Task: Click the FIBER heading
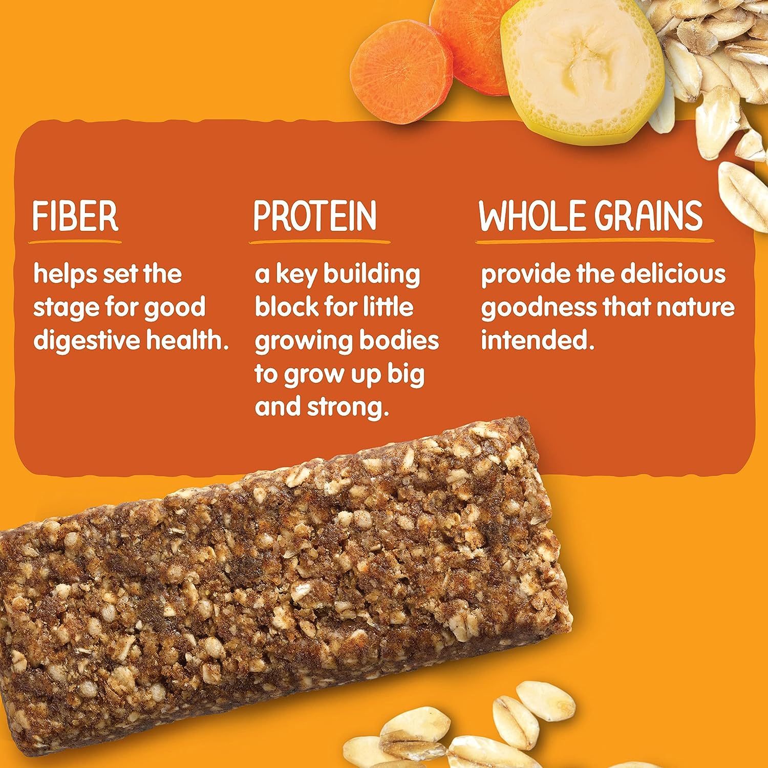[75, 216]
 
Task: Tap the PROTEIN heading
[315, 216]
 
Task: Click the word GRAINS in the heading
[649, 216]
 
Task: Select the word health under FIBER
[187, 340]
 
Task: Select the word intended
[537, 340]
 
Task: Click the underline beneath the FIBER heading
[75, 241]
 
